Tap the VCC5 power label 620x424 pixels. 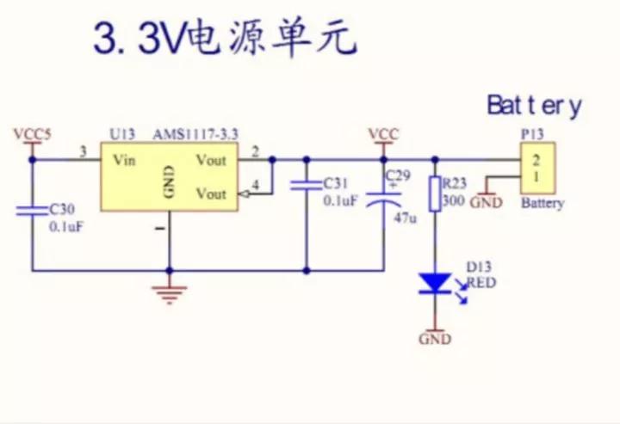point(32,134)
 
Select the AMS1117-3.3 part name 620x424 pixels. point(195,135)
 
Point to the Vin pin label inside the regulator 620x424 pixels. point(125,160)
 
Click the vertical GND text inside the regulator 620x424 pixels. point(169,183)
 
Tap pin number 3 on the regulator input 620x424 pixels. point(83,152)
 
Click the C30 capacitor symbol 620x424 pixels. point(32,208)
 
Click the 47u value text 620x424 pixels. point(405,218)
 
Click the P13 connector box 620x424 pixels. point(536,169)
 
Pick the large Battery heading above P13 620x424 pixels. point(534,106)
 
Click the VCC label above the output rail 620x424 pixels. point(383,134)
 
